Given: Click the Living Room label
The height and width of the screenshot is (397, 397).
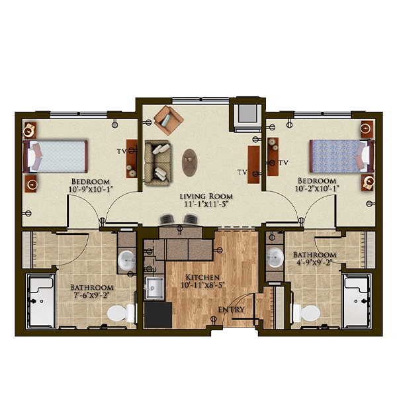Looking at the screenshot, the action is [x=206, y=197].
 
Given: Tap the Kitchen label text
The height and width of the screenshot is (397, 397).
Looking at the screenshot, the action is [x=202, y=277].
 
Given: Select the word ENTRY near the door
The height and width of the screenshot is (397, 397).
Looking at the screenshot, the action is [x=231, y=310].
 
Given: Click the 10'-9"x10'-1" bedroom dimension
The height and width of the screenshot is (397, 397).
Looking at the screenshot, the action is [x=91, y=189].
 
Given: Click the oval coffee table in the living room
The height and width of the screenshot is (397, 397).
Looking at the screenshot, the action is [x=190, y=163].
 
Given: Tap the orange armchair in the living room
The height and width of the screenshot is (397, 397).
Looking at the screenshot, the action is [x=168, y=120].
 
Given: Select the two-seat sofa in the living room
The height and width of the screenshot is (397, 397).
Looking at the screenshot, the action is [x=157, y=163].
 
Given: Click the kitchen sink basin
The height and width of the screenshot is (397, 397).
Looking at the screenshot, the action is [x=154, y=288].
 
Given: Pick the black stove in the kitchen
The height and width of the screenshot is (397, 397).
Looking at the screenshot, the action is [x=158, y=315].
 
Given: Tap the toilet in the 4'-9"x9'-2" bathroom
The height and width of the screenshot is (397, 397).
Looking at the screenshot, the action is [x=306, y=313].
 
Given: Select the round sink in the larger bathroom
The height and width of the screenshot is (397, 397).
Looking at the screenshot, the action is [x=126, y=260].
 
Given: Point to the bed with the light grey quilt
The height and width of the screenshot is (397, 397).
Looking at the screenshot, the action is [x=55, y=157].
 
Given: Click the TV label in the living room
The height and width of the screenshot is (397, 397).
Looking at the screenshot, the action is [x=242, y=172].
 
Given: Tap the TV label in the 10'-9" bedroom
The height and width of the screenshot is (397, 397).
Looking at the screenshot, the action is [x=122, y=152].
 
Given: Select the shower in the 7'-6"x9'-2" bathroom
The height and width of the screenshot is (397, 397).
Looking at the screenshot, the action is [x=40, y=301].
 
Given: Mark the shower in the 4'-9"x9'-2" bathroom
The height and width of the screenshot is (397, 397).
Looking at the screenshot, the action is [x=357, y=301].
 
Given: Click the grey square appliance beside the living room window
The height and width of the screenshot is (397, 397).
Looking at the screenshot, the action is [x=247, y=114].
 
